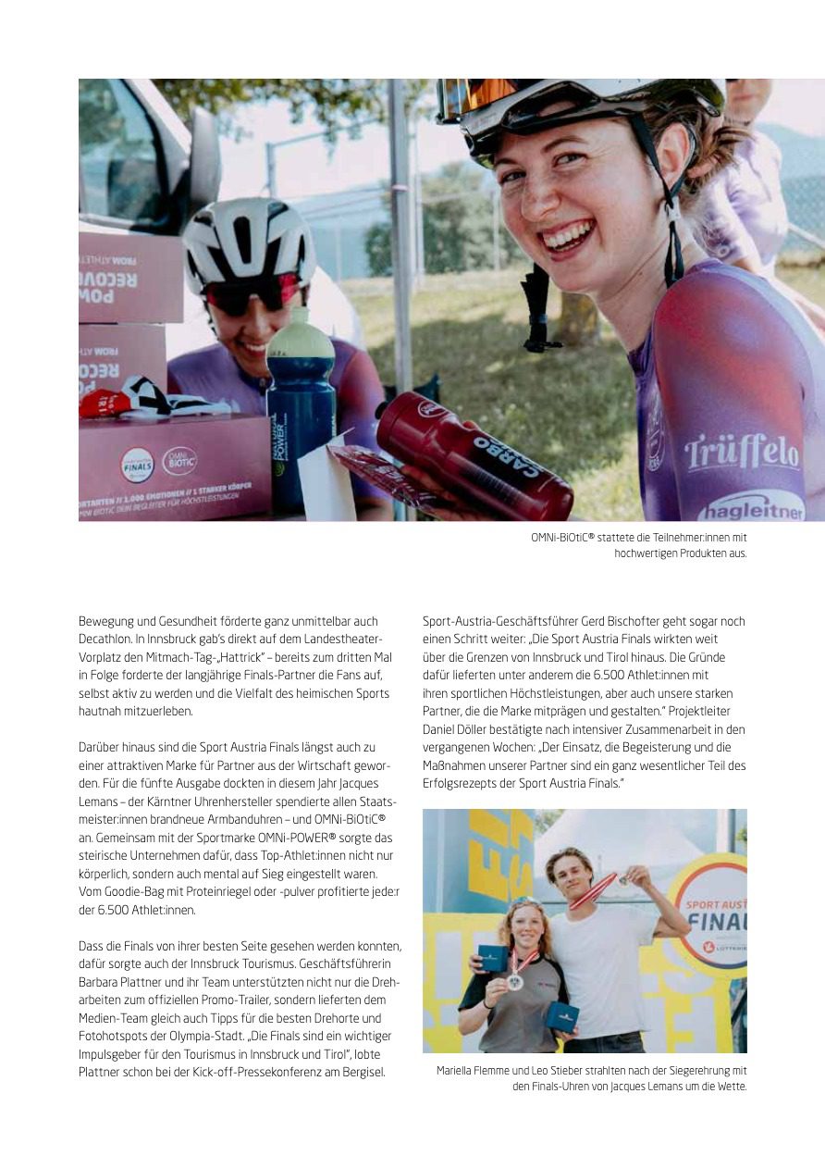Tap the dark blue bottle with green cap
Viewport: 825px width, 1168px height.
point(301,412)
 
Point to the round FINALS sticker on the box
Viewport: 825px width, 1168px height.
point(138,465)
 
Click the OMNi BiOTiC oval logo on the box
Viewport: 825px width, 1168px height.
point(179,461)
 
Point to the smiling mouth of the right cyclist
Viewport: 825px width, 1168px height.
point(568,236)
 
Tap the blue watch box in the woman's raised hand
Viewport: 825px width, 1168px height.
point(493,958)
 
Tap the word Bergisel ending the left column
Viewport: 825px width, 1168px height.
point(360,1073)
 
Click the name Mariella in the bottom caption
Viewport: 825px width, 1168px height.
point(456,1071)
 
